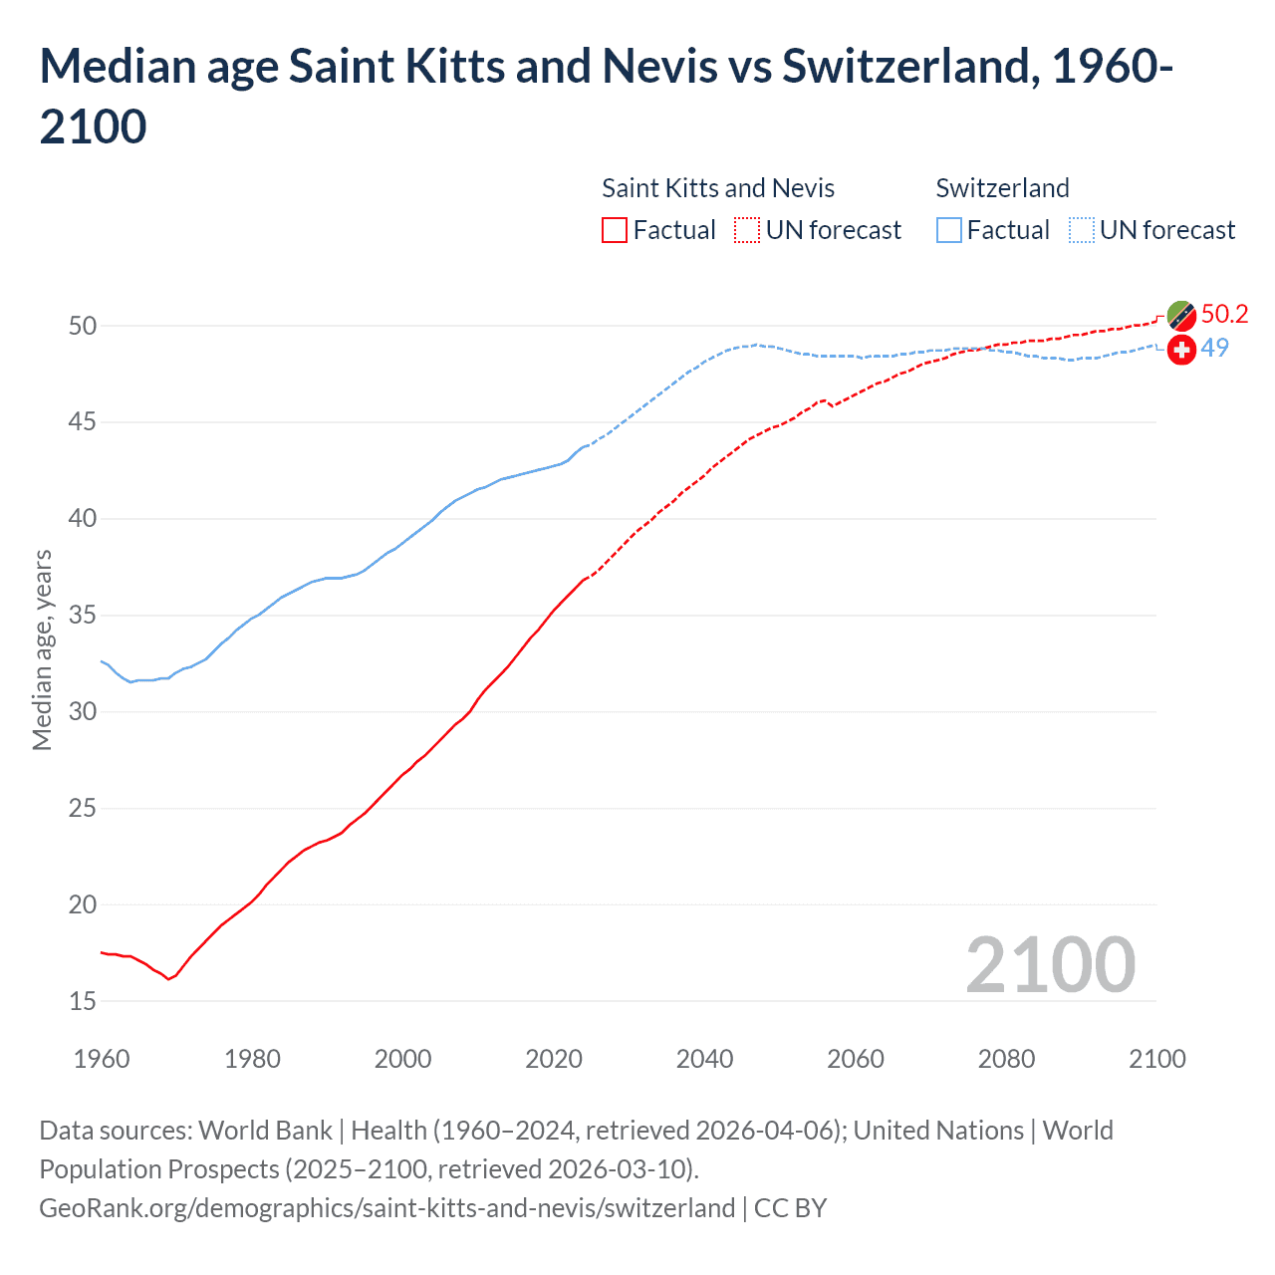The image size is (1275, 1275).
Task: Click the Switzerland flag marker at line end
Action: [1181, 350]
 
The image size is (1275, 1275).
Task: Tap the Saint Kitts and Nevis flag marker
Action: [1181, 316]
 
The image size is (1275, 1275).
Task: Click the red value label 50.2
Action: [1224, 314]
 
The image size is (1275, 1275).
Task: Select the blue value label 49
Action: [1214, 348]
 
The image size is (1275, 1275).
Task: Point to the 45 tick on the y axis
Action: [83, 422]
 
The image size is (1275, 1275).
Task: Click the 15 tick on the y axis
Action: [83, 1001]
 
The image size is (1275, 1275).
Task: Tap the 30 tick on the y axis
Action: [83, 711]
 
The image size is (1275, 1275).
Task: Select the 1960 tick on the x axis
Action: [102, 1059]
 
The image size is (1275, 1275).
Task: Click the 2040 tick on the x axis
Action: [704, 1059]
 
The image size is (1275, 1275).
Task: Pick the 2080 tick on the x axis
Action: [1006, 1059]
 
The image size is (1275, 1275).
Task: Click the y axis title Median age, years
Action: [42, 649]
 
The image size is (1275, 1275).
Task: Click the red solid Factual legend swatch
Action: [615, 230]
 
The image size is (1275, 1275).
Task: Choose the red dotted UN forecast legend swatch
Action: [747, 230]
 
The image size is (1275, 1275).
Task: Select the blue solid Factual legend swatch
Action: [949, 230]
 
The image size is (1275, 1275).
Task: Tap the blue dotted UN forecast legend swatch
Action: [1082, 230]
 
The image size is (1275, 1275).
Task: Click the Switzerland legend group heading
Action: [1002, 188]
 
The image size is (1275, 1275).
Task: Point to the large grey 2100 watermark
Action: [1050, 964]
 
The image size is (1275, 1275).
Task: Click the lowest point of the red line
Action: [168, 979]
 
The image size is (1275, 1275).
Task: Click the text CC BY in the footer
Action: [790, 1208]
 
